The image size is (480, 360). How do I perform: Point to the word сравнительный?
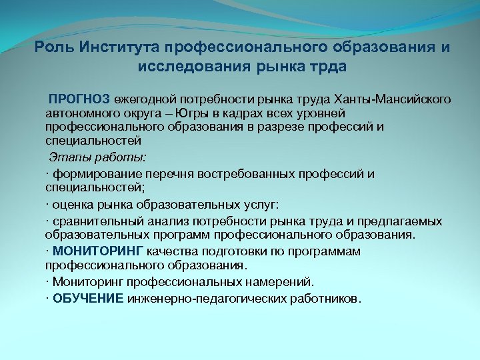(x=93, y=221)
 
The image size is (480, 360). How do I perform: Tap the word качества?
(x=175, y=251)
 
